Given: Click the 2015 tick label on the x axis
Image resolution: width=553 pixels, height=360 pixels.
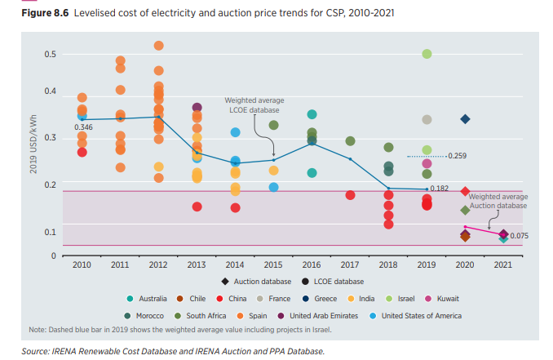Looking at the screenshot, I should tap(273, 265).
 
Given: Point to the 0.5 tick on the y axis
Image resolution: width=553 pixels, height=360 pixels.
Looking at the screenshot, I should tap(50, 55).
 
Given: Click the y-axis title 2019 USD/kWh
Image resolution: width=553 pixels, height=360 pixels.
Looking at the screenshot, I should tap(33, 144).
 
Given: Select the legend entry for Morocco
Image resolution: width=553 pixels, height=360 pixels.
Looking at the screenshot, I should tap(149, 316).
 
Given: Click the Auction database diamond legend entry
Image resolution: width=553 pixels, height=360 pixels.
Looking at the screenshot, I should tap(259, 281).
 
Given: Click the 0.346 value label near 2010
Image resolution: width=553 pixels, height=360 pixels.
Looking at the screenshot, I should tap(82, 128).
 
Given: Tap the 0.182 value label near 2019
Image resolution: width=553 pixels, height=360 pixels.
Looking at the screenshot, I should tap(439, 189).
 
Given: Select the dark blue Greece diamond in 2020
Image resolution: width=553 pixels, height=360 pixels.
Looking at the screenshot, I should tap(465, 119).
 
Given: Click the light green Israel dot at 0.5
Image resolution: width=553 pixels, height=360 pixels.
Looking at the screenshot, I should tap(427, 54).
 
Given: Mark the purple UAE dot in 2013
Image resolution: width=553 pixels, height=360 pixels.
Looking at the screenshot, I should tap(197, 108).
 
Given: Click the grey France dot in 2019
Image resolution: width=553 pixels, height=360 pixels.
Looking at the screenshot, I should tap(427, 120).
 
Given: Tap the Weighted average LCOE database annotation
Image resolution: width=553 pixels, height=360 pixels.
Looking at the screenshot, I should tap(254, 105).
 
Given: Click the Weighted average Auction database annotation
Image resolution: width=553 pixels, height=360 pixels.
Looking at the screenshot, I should tap(498, 202).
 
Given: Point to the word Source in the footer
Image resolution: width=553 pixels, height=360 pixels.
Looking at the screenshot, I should tap(36, 351).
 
